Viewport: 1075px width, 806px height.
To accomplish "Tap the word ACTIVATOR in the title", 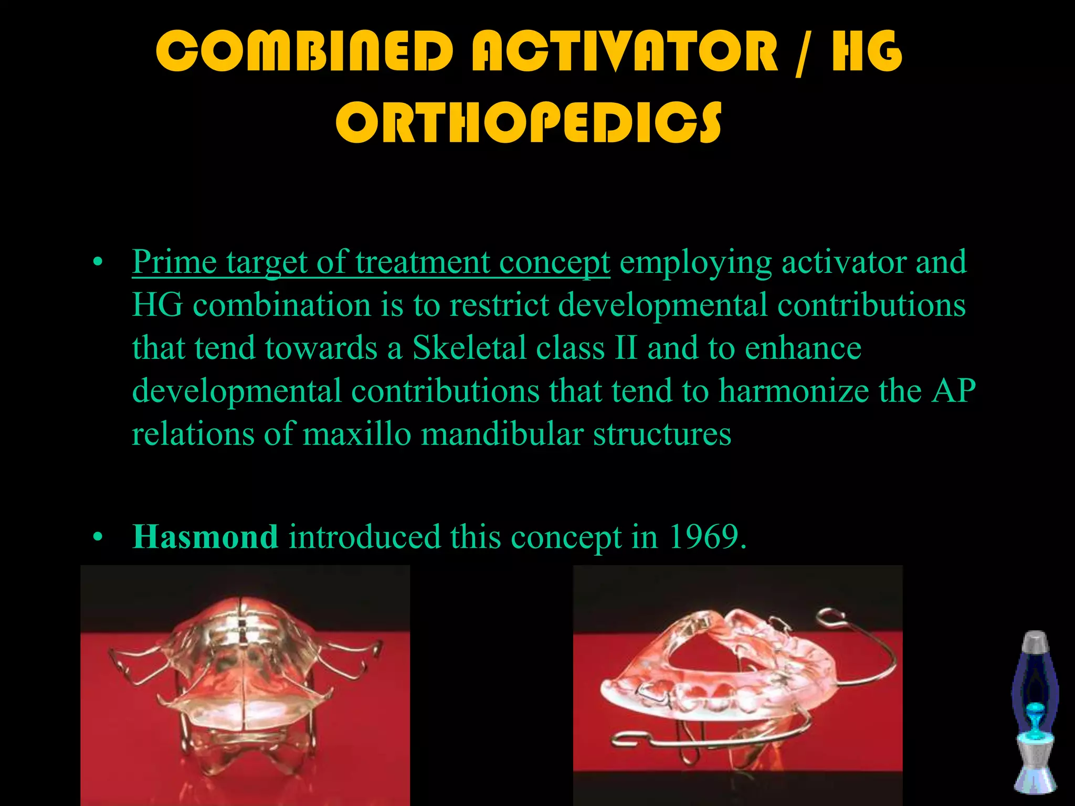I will (x=625, y=51).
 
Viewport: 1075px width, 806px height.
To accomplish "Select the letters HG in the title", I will (x=867, y=51).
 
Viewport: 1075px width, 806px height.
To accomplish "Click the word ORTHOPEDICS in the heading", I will (x=529, y=123).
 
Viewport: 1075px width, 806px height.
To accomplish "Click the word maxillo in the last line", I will (x=357, y=434).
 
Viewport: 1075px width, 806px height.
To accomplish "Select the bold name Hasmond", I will (x=205, y=537).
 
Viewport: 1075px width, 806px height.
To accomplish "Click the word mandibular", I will (x=501, y=434).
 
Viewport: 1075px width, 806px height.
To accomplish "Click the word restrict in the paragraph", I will (x=498, y=305).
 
